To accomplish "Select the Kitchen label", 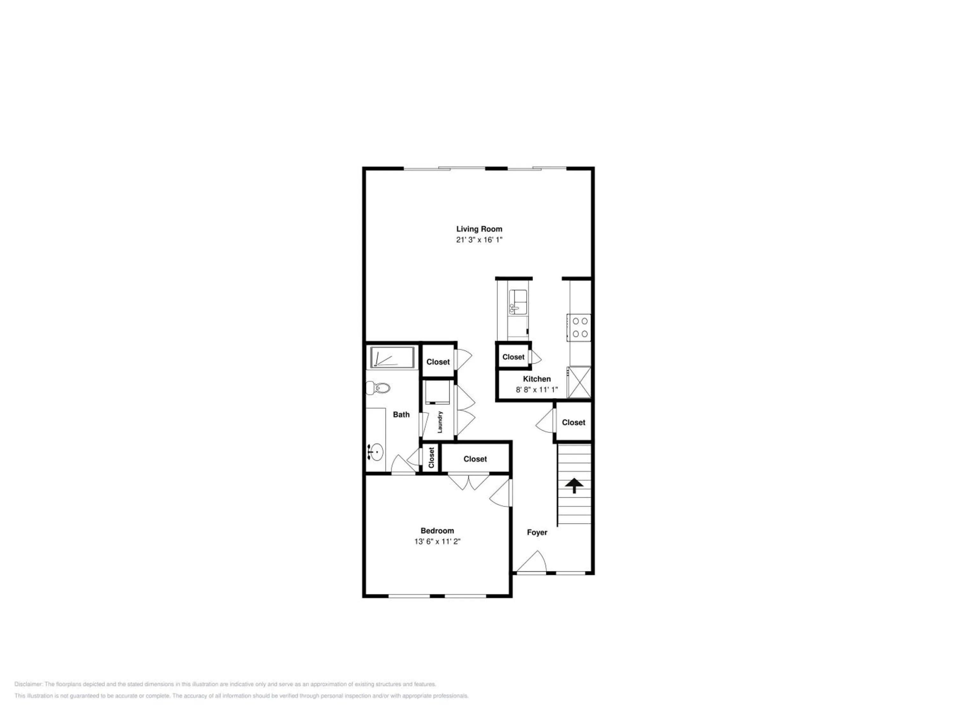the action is tap(537, 379).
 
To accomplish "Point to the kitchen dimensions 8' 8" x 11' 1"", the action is tap(537, 390).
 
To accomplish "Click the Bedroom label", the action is tap(437, 531).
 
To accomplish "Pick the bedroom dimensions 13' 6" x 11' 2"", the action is tap(437, 542).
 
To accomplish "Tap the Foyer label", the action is tap(537, 532).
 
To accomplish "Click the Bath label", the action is tap(401, 415).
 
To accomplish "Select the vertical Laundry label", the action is tap(440, 422).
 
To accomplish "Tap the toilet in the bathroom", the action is tap(378, 387).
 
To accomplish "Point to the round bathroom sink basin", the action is tap(375, 452).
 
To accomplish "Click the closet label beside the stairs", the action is tap(573, 423).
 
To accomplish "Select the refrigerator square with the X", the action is tap(579, 382).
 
